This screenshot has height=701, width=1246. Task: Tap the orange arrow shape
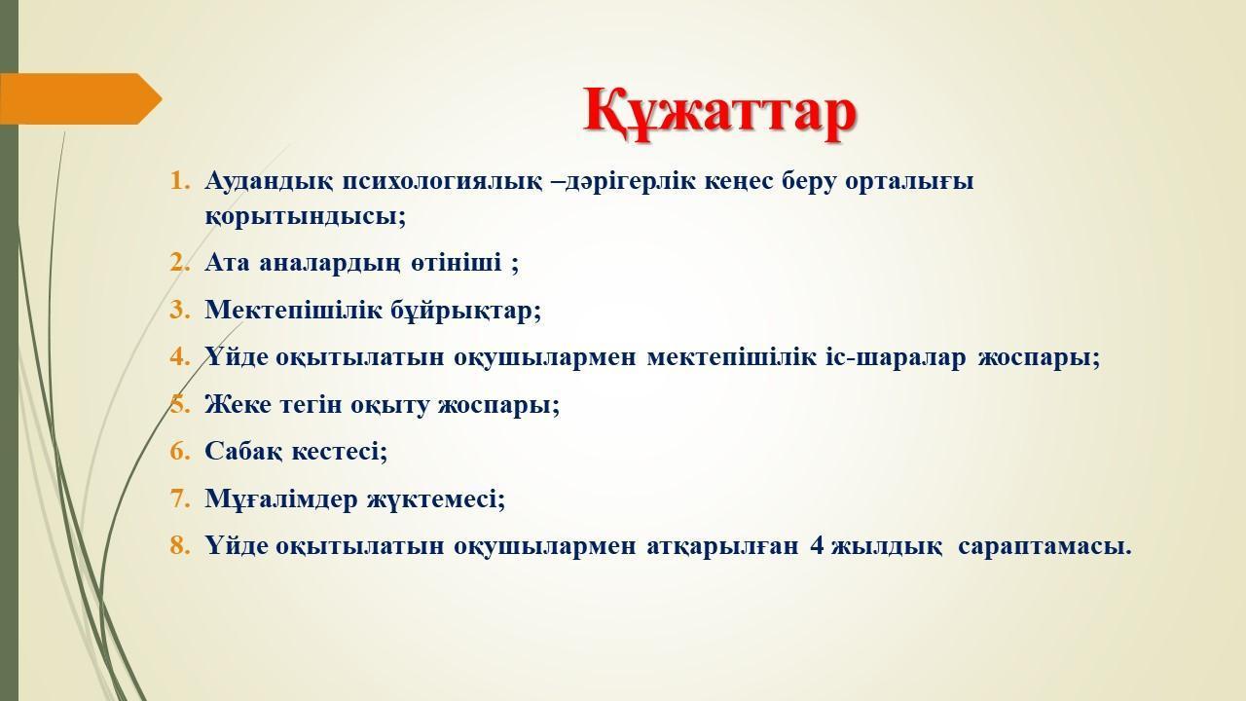point(81,98)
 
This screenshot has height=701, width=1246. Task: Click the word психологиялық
point(442,181)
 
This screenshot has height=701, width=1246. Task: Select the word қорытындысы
point(305,216)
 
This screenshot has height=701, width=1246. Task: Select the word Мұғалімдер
point(281,499)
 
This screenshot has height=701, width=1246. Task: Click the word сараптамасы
point(1045,546)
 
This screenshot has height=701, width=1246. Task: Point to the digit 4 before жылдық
point(817,546)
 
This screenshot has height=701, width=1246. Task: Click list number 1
point(180,181)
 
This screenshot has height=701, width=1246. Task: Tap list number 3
point(180,310)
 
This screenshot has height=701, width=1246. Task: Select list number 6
point(180,451)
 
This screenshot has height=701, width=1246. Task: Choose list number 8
point(180,546)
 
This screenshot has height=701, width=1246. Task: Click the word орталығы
point(909,182)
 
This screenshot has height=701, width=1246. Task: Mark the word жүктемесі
point(436,499)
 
